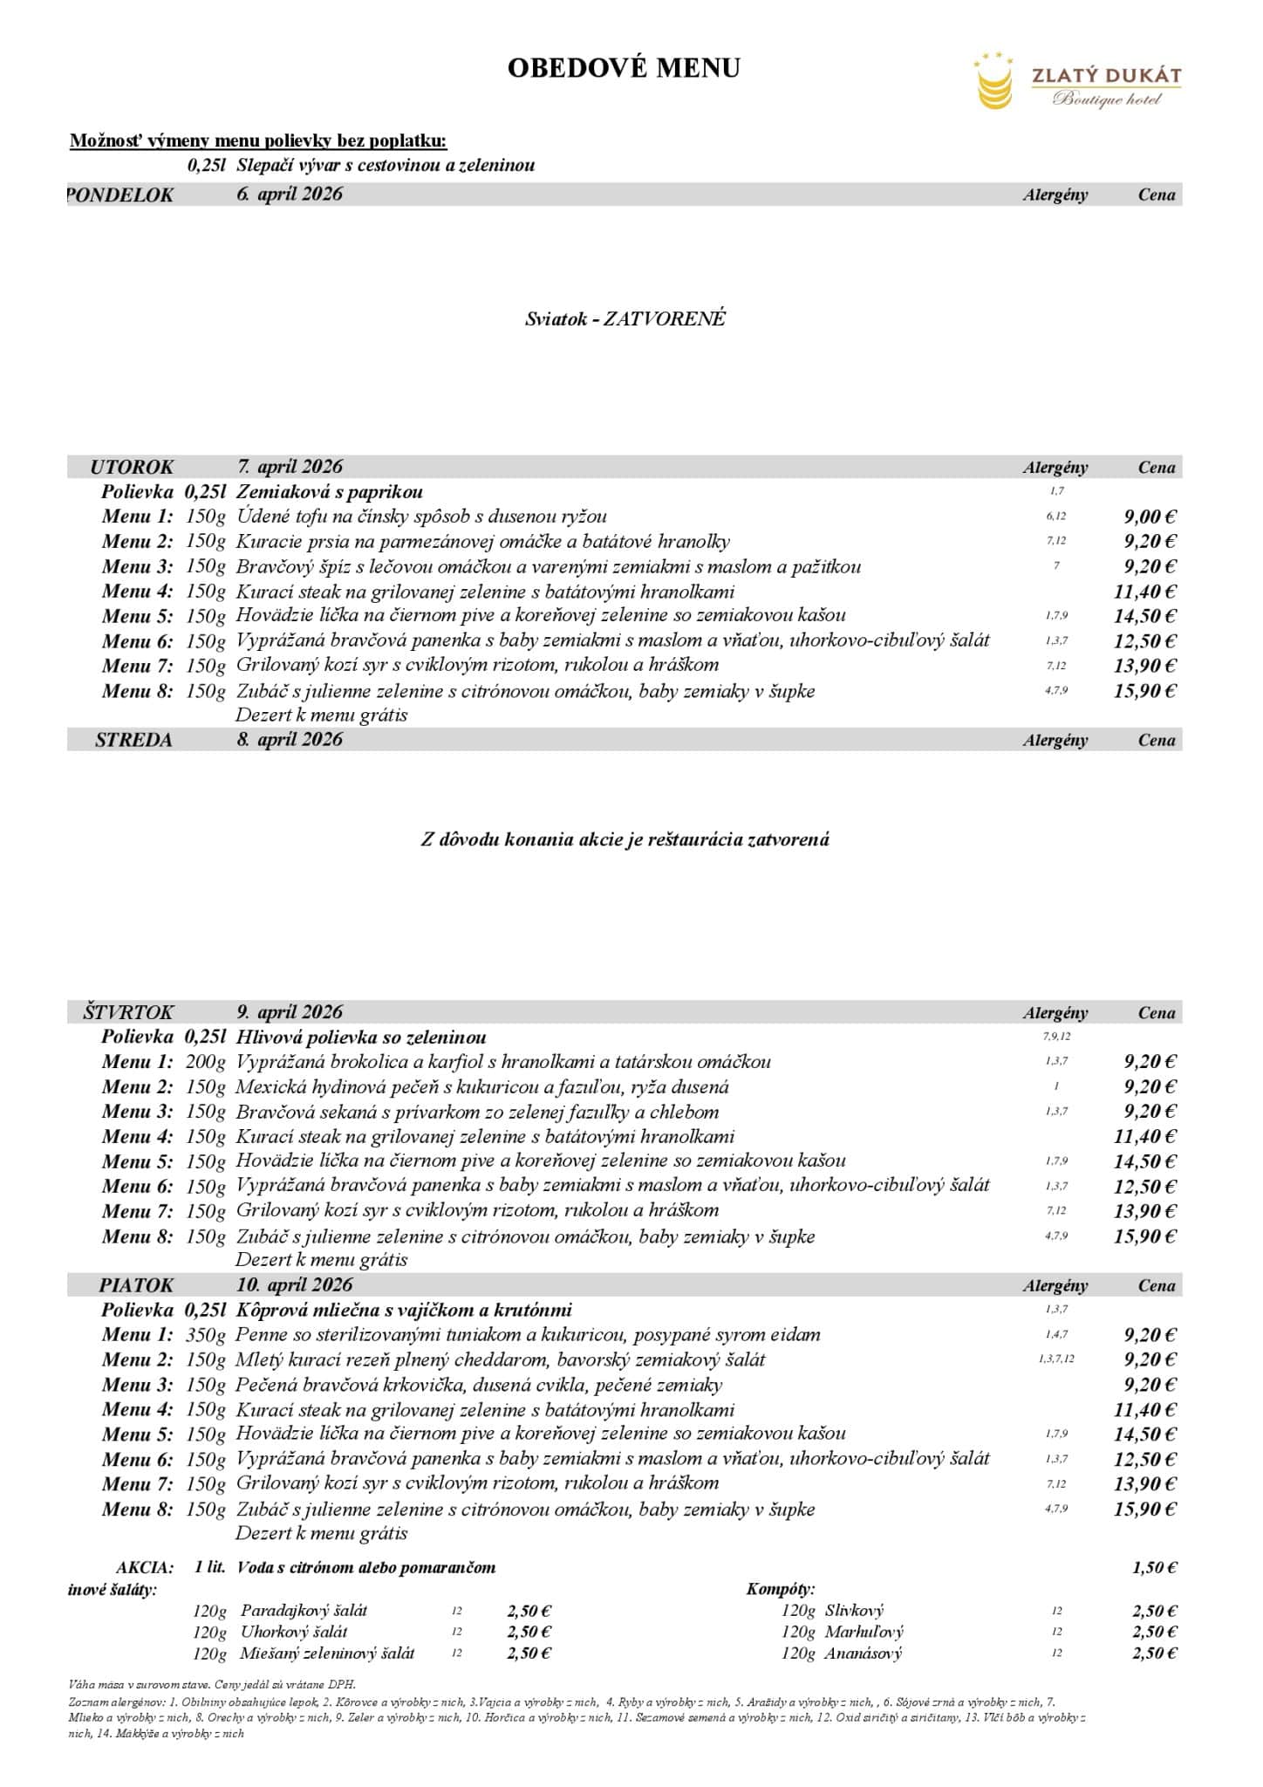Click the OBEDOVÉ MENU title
click(624, 68)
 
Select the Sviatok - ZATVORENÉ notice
click(625, 318)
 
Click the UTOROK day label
click(132, 467)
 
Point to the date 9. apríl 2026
click(290, 1012)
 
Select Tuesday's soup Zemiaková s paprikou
click(330, 492)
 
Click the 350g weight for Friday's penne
click(206, 1335)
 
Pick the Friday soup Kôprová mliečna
click(404, 1310)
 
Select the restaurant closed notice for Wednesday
click(625, 840)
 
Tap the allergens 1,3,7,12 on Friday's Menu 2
click(1056, 1359)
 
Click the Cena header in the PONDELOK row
click(1157, 195)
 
